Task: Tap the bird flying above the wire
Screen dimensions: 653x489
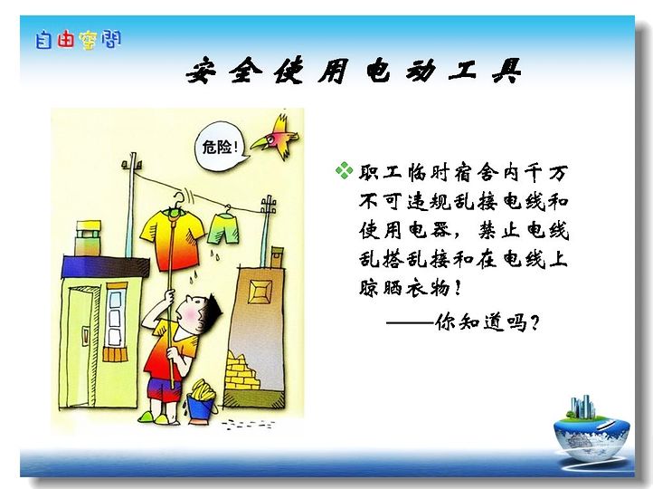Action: click(x=277, y=137)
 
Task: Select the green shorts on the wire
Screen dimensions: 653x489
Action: click(x=224, y=228)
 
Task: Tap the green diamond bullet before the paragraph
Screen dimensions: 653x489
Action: click(x=344, y=170)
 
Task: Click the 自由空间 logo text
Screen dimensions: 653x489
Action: click(x=78, y=40)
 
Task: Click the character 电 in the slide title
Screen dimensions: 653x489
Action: click(x=378, y=71)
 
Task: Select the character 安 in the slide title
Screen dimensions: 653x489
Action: click(x=202, y=71)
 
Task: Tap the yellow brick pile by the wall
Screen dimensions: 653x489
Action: click(x=241, y=371)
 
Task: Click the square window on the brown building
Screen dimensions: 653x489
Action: click(x=260, y=292)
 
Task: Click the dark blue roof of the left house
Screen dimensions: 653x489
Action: click(x=105, y=267)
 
